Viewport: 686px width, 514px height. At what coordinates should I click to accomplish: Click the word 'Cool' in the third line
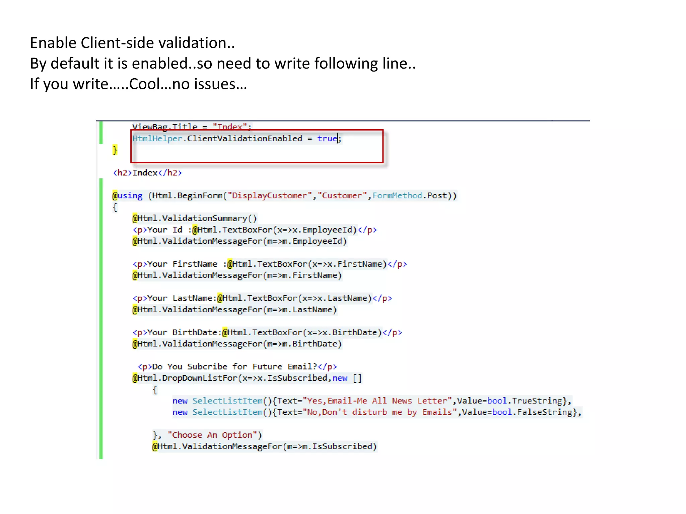(x=144, y=84)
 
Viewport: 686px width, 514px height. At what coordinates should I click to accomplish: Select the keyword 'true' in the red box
(x=327, y=139)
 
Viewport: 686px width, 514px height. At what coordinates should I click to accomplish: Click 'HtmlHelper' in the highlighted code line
(x=157, y=139)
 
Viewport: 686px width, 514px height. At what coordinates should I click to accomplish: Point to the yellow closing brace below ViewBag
(x=115, y=150)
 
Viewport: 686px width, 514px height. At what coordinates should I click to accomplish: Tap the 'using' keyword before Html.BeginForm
(x=130, y=195)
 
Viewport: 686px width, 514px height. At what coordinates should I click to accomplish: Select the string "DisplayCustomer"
(x=269, y=195)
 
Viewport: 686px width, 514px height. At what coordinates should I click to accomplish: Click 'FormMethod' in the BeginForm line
(x=397, y=195)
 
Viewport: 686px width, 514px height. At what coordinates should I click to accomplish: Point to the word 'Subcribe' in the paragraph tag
(x=207, y=366)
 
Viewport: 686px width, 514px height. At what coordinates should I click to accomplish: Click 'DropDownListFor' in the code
(x=200, y=378)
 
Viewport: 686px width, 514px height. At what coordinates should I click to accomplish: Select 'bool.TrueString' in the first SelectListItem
(x=525, y=401)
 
